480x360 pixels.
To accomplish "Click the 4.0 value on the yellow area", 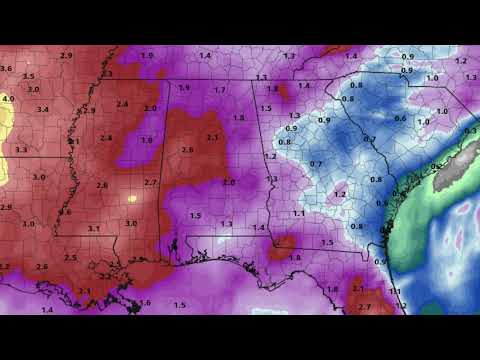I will click(7, 99).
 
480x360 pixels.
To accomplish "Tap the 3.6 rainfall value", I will click(6, 68).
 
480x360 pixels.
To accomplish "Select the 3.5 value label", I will click(28, 76).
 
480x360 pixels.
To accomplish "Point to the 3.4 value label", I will click(43, 109).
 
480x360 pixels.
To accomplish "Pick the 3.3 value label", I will click(20, 149).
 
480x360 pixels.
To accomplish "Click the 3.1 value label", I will click(93, 229).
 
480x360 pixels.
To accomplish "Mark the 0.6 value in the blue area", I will click(400, 118).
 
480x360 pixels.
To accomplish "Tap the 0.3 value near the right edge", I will click(469, 131).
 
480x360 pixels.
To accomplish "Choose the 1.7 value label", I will click(220, 90).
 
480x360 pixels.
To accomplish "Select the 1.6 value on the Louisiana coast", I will click(145, 302).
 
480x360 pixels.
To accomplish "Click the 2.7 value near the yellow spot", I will click(151, 182).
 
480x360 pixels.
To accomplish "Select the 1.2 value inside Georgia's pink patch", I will click(340, 194).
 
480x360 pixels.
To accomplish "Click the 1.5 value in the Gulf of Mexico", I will click(180, 304).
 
